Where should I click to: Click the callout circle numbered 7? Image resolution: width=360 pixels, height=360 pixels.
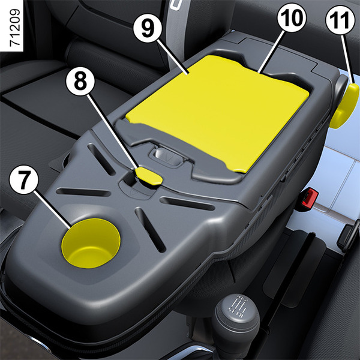tap(23, 180)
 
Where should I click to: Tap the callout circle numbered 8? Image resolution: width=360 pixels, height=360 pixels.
tap(80, 82)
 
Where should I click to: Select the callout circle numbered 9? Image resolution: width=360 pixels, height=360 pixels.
tap(148, 28)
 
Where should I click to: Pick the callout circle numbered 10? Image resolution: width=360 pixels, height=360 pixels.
tap(292, 18)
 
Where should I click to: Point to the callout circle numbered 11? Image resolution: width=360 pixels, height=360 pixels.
tap(340, 20)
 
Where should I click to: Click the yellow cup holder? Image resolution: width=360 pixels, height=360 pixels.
tap(91, 243)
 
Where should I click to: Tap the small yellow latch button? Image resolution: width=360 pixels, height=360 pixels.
tap(149, 176)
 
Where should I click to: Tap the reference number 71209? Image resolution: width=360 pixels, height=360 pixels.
tap(15, 28)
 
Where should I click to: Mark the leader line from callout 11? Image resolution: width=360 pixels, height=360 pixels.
tap(347, 59)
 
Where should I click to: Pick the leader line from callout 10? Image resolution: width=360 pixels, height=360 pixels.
tap(272, 52)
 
